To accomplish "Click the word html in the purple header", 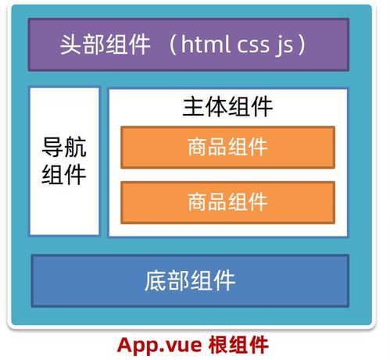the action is pyautogui.click(x=206, y=44).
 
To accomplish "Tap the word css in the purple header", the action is pyautogui.click(x=253, y=45).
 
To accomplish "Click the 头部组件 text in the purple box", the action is pyautogui.click(x=106, y=45).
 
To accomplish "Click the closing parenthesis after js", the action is pyautogui.click(x=302, y=45).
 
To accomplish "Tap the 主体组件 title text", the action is pyautogui.click(x=227, y=107).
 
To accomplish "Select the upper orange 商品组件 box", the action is pyautogui.click(x=228, y=148).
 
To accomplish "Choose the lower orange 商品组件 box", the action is pyautogui.click(x=228, y=202).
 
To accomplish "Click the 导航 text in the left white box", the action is pyautogui.click(x=64, y=148).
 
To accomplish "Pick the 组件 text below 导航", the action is pyautogui.click(x=64, y=174).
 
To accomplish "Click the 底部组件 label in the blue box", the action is pyautogui.click(x=190, y=280).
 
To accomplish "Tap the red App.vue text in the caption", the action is pyautogui.click(x=159, y=345).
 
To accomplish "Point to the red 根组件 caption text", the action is pyautogui.click(x=238, y=344).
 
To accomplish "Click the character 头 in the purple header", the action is pyautogui.click(x=70, y=45).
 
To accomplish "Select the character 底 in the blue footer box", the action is pyautogui.click(x=156, y=280).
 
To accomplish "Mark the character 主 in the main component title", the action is pyautogui.click(x=193, y=107).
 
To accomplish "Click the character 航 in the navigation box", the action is pyautogui.click(x=75, y=148).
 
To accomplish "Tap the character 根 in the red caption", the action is pyautogui.click(x=218, y=344).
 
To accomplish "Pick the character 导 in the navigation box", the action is pyautogui.click(x=52, y=148).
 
